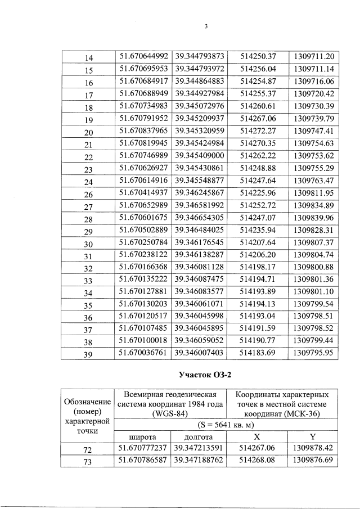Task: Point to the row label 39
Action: click(x=88, y=355)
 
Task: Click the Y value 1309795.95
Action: click(x=314, y=354)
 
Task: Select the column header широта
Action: click(x=142, y=436)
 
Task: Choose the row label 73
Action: click(x=88, y=462)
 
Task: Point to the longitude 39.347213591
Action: click(x=200, y=448)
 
